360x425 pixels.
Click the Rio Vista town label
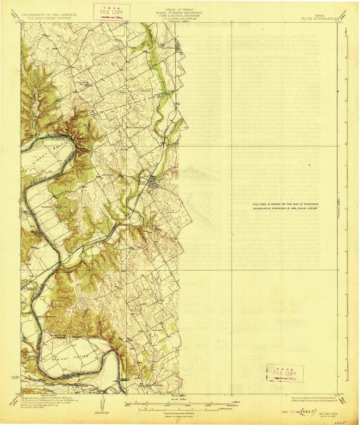(170, 48)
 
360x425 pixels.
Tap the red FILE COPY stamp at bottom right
(285, 373)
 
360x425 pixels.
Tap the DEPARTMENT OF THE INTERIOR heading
(45, 15)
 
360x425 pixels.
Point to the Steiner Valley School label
(58, 337)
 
